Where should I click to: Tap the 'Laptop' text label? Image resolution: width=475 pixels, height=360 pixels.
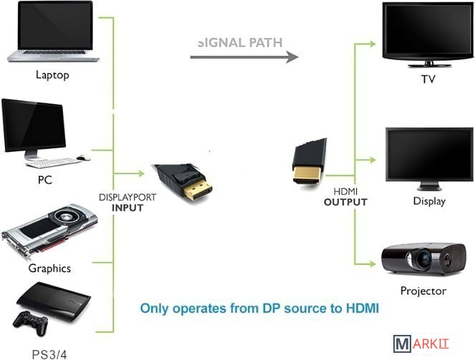[x=52, y=75]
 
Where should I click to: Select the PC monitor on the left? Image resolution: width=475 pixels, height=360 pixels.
[x=33, y=127]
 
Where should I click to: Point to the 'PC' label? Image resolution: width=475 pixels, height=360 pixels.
[x=45, y=180]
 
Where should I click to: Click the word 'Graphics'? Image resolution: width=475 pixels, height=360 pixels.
[x=49, y=268]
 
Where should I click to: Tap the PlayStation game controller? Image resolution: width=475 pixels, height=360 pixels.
[x=30, y=323]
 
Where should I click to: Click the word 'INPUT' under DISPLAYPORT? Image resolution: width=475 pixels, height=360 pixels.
[x=128, y=208]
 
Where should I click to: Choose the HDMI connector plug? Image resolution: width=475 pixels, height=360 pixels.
[x=309, y=164]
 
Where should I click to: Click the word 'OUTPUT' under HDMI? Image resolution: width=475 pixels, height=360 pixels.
[x=345, y=202]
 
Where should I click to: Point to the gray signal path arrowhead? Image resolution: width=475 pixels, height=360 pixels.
[x=292, y=57]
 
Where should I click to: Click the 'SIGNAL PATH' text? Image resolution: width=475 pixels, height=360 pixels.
[x=240, y=42]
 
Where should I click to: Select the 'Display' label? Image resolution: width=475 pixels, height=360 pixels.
[x=429, y=201]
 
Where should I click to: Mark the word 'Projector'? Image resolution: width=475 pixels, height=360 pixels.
[x=423, y=290]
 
